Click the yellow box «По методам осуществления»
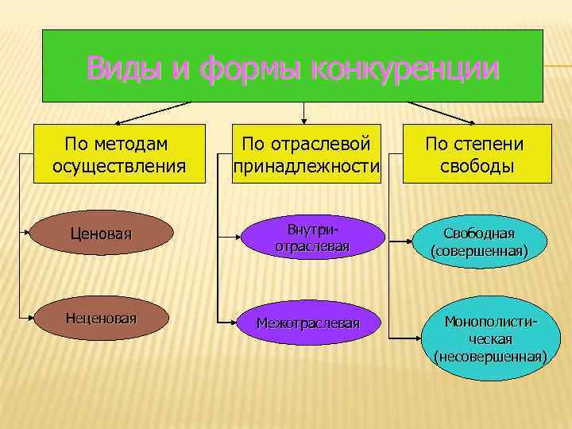[119, 155]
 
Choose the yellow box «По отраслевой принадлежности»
[307, 155]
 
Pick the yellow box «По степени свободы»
[476, 155]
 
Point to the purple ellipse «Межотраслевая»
[308, 323]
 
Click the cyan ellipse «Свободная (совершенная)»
[479, 242]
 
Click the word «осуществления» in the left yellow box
[119, 167]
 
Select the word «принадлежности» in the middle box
[307, 167]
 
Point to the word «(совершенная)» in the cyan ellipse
[479, 252]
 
